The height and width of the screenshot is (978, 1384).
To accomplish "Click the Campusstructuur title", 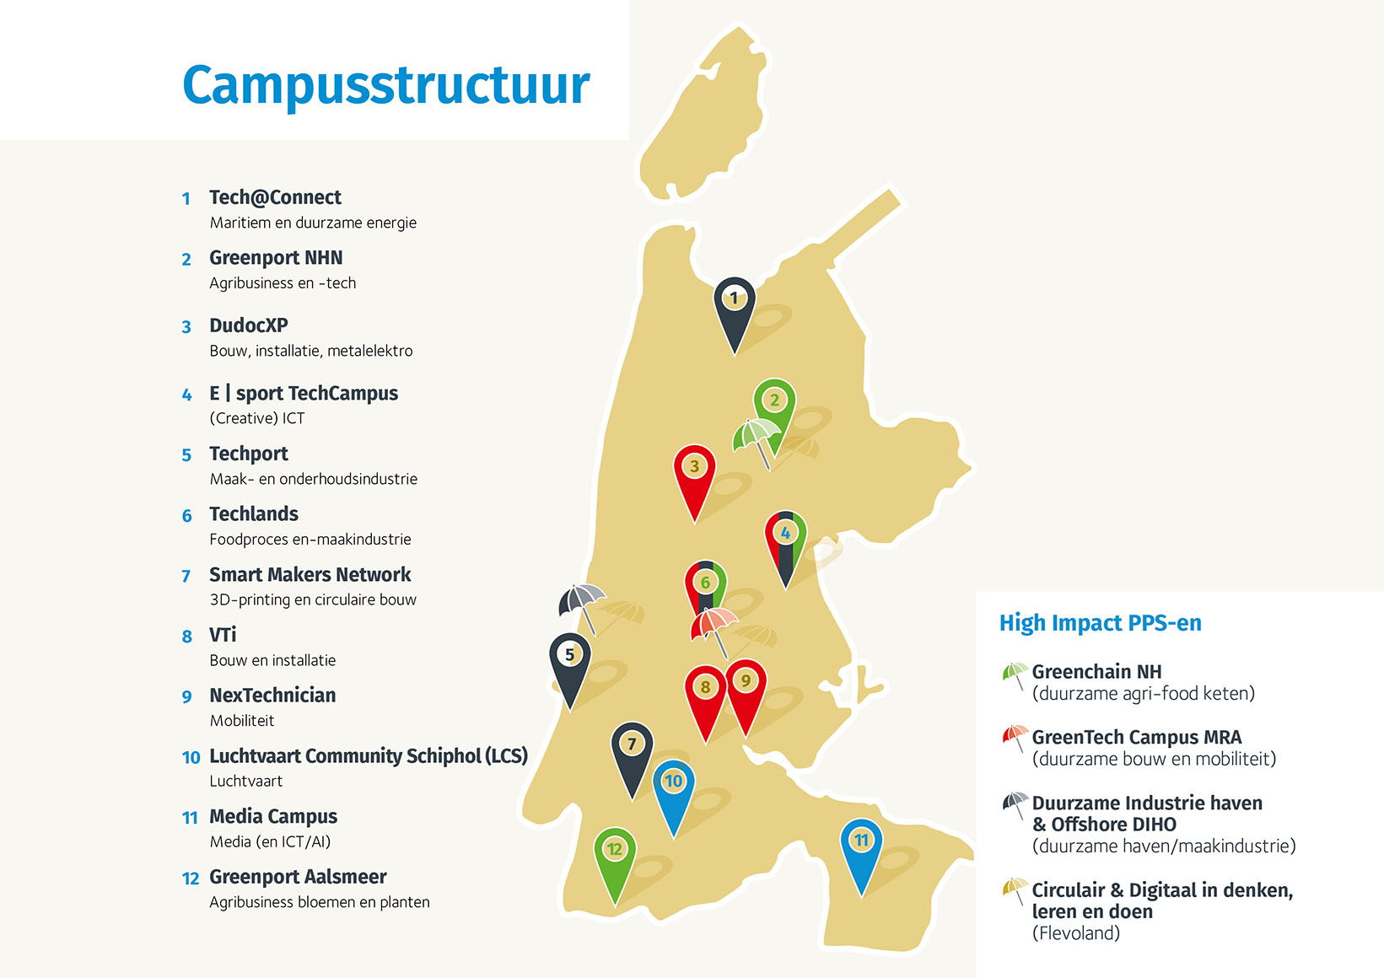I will tap(386, 85).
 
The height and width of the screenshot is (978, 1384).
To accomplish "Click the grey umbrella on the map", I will tap(582, 602).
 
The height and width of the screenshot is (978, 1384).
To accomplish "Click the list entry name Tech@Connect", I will tap(275, 197).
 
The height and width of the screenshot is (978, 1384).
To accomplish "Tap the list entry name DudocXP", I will tap(249, 325).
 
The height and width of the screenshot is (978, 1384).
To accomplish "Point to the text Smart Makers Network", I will tap(310, 575).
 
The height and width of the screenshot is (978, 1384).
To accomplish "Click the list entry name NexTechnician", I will tap(272, 696).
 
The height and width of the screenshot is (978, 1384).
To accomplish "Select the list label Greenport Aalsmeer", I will tap(298, 877).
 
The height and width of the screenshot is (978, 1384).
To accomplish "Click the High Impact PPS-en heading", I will tap(1100, 623).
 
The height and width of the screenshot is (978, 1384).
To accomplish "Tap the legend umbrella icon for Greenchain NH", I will tap(1014, 674).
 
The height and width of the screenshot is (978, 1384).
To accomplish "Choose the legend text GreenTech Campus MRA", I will tap(1136, 738).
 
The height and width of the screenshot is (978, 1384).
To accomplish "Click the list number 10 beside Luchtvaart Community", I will tap(191, 757).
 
